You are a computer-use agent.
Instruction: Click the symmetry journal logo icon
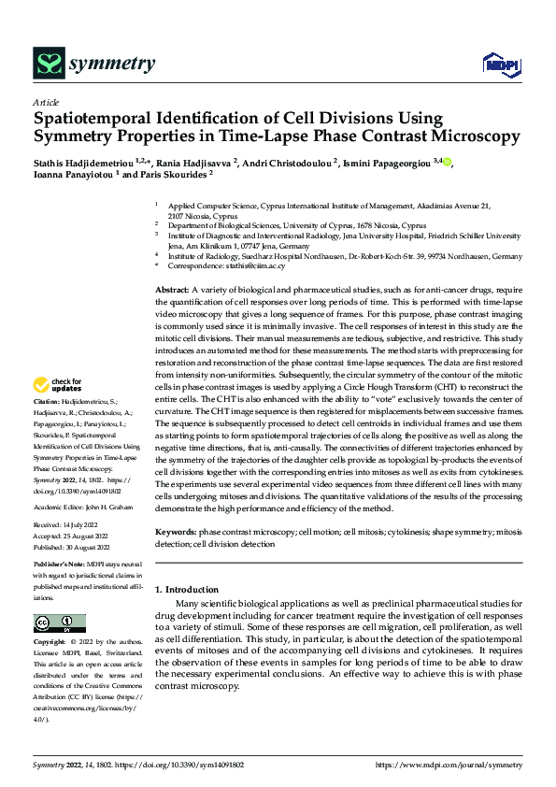pyautogui.click(x=48, y=64)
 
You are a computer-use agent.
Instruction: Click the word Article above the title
pyautogui.click(x=46, y=102)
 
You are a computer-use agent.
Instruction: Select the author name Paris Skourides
pyautogui.click(x=179, y=174)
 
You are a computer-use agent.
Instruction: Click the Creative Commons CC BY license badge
pyautogui.click(x=59, y=622)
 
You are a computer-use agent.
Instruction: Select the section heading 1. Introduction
pyautogui.click(x=186, y=590)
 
